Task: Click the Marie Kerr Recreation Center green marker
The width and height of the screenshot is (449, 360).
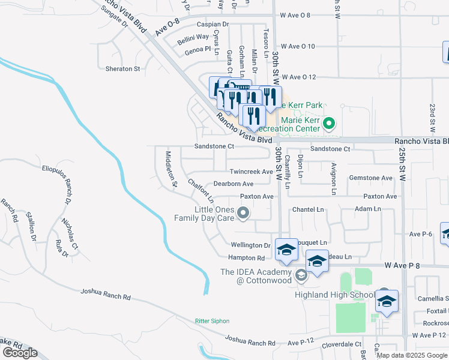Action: click(328, 125)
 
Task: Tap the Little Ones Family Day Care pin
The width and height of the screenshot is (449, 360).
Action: click(243, 213)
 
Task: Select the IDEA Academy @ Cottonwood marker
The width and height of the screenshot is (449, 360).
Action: click(301, 275)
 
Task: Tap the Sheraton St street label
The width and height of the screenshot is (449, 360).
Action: click(122, 69)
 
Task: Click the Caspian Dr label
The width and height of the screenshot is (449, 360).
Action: click(213, 25)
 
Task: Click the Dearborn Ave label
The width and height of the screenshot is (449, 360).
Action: click(234, 184)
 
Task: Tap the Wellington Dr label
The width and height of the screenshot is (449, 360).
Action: click(251, 245)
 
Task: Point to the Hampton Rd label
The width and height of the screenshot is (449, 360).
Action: click(246, 257)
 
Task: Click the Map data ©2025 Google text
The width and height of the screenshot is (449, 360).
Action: click(412, 355)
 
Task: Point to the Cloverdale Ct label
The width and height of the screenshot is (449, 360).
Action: click(340, 344)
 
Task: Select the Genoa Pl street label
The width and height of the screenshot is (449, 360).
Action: click(199, 49)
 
